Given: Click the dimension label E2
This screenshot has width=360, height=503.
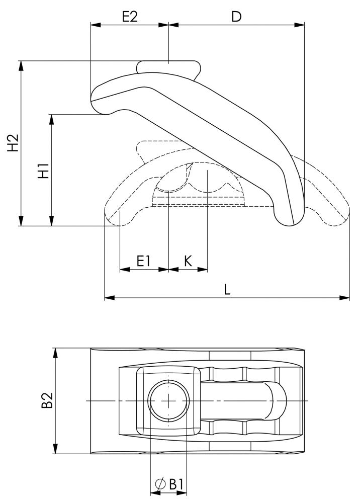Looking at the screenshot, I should coord(130,16).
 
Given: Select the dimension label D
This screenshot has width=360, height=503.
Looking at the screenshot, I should coord(236,16).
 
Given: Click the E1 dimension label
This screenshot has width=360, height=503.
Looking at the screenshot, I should coord(144,261).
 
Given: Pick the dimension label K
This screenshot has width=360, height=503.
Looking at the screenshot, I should coord(188,261).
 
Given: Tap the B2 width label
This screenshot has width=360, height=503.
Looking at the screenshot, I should coord(47,401).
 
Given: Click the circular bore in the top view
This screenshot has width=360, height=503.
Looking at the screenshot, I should coord(168,401).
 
